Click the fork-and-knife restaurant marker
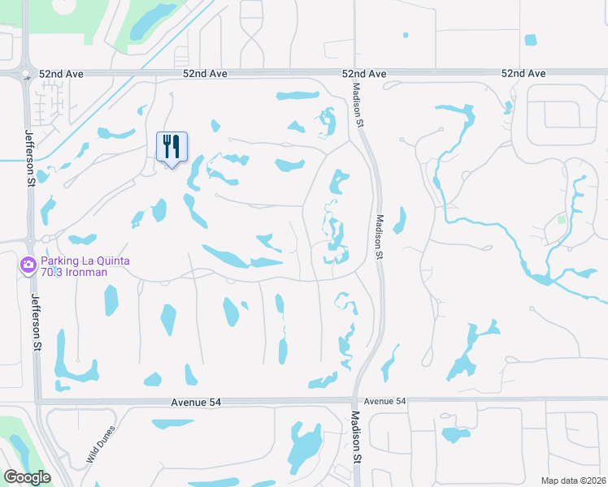pos(172,147)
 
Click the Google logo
pos(27,477)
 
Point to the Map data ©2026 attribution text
pos(573,481)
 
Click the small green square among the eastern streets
pos(561,219)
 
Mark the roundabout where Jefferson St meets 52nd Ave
pos(26,75)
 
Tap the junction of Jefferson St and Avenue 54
pos(38,401)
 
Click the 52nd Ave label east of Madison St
pos(523,74)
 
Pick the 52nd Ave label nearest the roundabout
pos(204,74)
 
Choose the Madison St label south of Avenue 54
pos(356,437)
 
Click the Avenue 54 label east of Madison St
pos(385,401)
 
